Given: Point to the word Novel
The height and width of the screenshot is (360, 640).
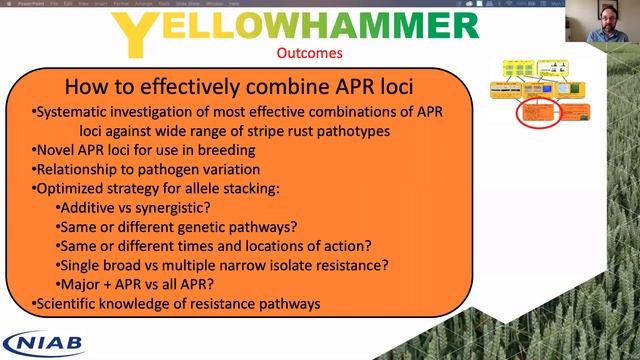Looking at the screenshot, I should pos(55,150).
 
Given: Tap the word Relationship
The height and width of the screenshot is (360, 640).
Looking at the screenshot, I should pos(81,169).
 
